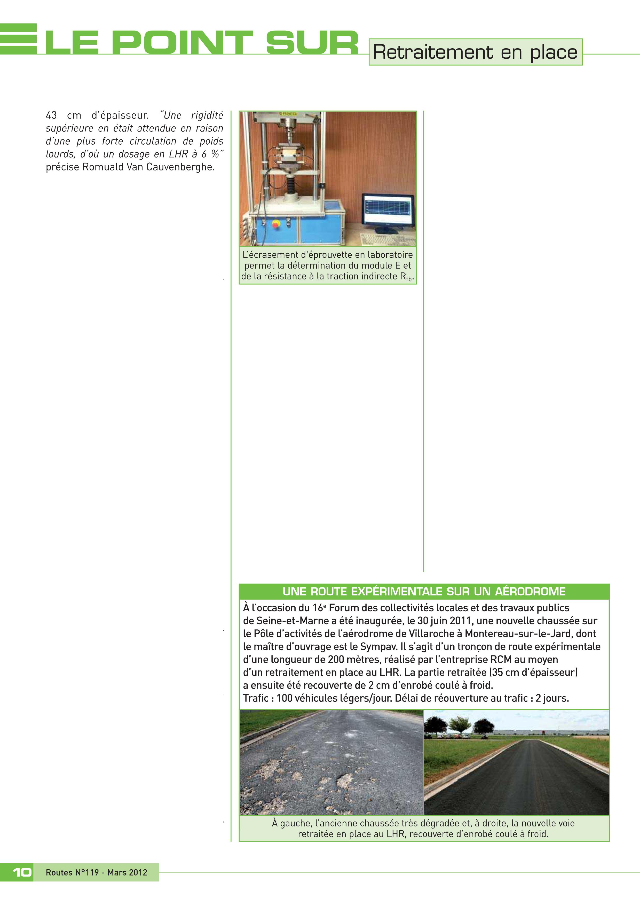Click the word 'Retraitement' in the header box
(x=433, y=52)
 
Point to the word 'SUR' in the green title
(x=312, y=43)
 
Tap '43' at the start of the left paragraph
(x=51, y=115)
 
